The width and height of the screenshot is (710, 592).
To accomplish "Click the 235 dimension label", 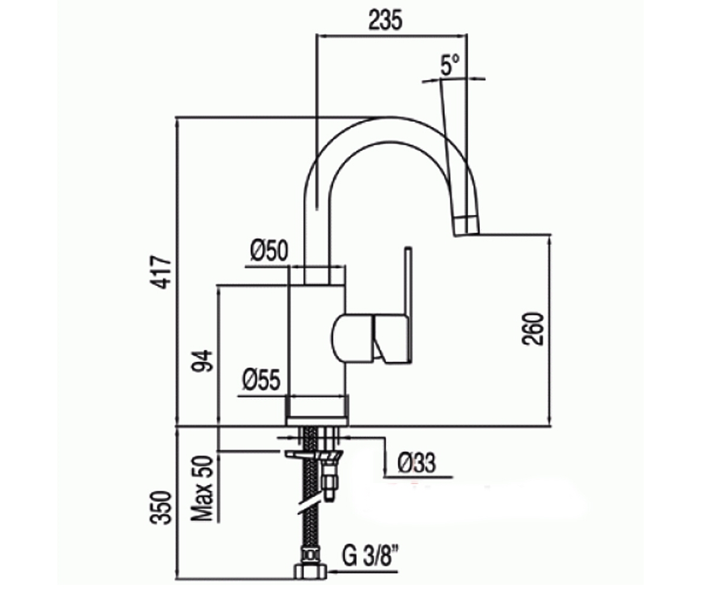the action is coord(385,20).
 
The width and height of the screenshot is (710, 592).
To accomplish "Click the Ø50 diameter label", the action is coord(269,250).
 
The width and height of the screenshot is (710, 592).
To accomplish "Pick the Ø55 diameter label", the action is coord(262,379).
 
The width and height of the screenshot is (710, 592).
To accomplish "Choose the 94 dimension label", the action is coord(202,361).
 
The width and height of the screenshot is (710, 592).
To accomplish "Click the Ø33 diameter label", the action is coord(417,463).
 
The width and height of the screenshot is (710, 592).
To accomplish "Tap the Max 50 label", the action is coord(202,489).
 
